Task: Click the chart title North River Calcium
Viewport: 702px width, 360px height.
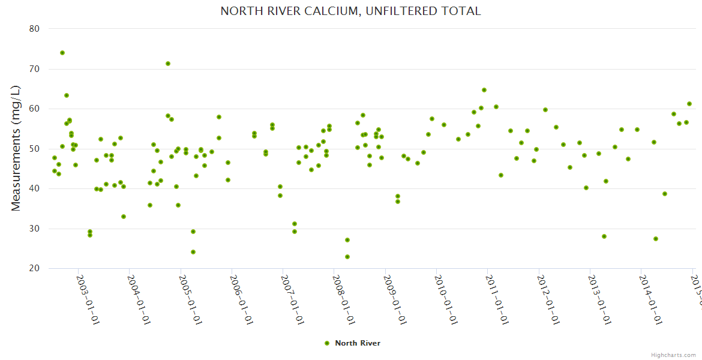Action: (x=350, y=11)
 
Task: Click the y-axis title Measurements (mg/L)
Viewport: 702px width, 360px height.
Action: (x=16, y=148)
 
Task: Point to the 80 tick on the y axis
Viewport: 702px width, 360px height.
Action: (x=34, y=29)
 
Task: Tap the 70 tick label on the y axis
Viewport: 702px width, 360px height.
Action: (x=34, y=69)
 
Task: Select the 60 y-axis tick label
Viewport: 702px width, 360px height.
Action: (x=34, y=109)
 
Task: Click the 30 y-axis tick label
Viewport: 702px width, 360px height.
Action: (x=34, y=229)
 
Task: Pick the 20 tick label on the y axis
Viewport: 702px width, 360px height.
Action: (x=34, y=268)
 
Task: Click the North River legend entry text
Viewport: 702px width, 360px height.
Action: (x=358, y=343)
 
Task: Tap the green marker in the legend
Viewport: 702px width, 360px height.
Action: (x=327, y=343)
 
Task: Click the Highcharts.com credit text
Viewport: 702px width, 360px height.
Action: (x=673, y=355)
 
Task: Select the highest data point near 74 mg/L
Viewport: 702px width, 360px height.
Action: (x=62, y=53)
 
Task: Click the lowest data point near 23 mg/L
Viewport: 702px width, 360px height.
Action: (x=347, y=257)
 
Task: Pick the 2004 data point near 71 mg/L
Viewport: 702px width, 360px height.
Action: (x=168, y=64)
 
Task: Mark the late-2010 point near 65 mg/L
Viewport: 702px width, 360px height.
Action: (x=484, y=90)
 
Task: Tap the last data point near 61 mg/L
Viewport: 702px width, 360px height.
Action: (x=689, y=104)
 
